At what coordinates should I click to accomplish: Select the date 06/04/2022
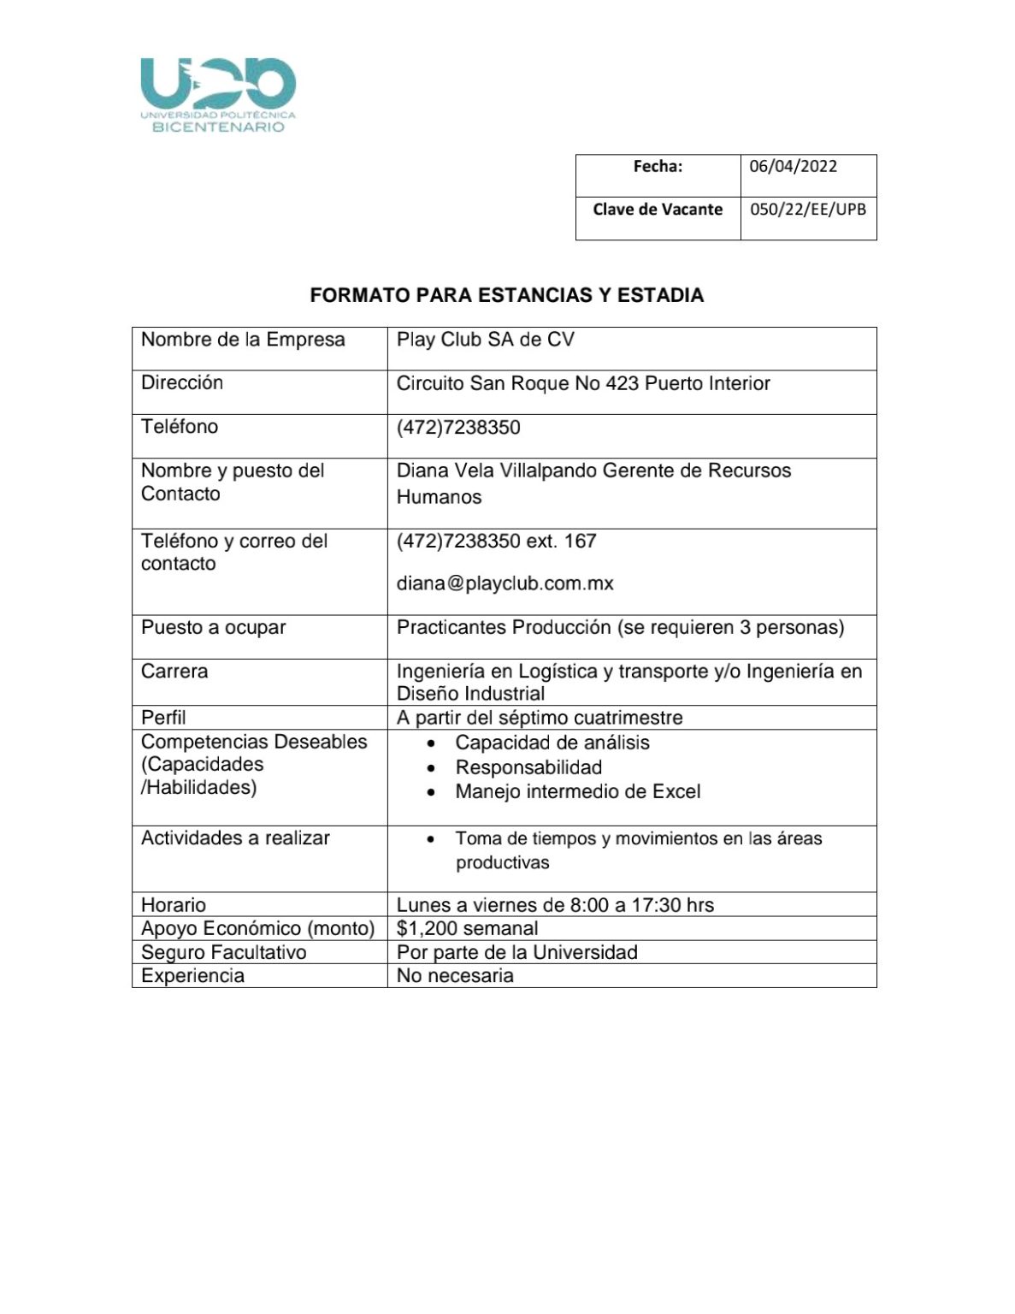793,166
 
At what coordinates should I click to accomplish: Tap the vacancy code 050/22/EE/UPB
807,209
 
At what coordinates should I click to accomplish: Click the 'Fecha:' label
658,166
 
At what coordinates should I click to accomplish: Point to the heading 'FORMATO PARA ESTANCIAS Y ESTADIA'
506,295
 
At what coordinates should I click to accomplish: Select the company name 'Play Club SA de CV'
485,340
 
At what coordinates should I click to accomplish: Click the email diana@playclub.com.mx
505,583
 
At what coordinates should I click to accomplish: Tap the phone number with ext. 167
496,541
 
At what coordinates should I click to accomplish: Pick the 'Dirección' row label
182,382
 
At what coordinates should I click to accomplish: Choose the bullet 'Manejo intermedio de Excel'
577,791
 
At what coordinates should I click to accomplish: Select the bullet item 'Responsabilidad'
528,767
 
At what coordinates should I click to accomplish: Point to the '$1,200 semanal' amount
467,928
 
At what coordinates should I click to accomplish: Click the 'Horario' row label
174,904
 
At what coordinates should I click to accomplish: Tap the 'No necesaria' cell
455,975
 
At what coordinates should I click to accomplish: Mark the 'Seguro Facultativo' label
223,952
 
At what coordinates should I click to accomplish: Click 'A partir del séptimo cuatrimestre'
539,717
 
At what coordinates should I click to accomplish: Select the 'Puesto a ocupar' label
213,627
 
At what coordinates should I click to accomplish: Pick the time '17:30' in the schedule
656,904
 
